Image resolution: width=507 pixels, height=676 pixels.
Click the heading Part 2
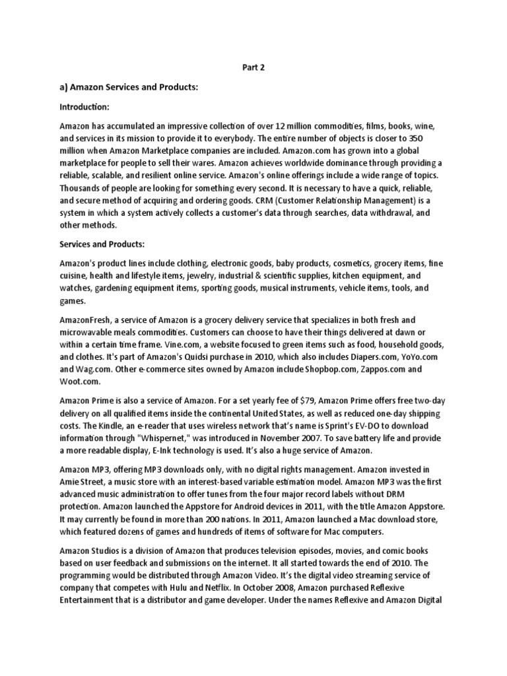pyautogui.click(x=253, y=67)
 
